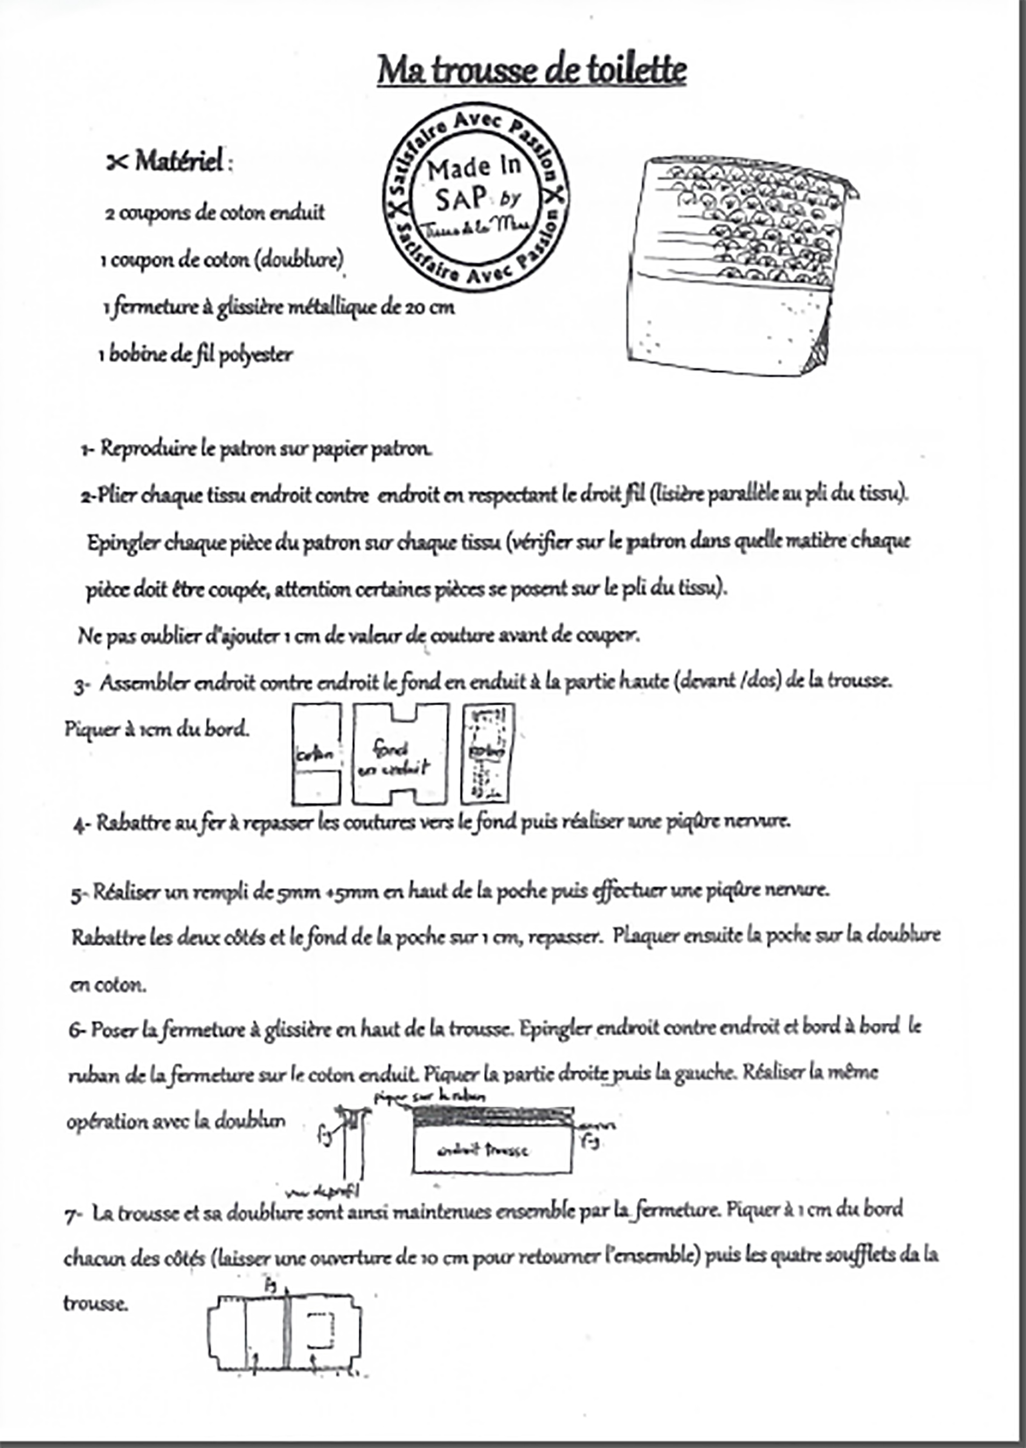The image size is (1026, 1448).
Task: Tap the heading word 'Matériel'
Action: point(179,162)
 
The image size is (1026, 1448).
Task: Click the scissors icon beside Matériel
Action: point(117,163)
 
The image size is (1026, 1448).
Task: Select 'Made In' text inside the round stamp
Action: point(474,169)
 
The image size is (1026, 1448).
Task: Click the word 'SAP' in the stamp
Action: point(461,199)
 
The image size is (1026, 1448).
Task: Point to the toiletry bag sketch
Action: point(739,265)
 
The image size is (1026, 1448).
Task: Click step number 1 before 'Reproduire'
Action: point(87,450)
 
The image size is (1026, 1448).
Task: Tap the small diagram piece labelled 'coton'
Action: point(316,754)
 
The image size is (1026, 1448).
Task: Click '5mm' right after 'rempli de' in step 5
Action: point(293,891)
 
